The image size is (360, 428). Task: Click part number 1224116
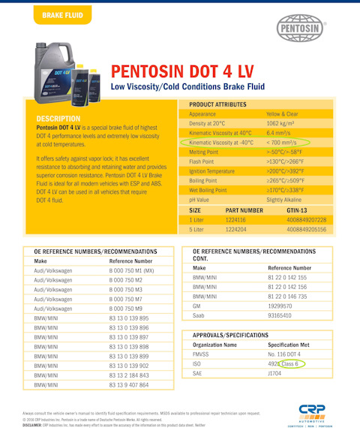pyautogui.click(x=241, y=219)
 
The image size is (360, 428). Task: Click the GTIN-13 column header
pyautogui.click(x=298, y=210)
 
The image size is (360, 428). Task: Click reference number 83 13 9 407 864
pyautogui.click(x=124, y=384)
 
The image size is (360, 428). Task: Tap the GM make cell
pyautogui.click(x=198, y=306)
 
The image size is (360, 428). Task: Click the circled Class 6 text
pyautogui.click(x=291, y=364)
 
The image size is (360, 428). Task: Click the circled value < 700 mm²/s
pyautogui.click(x=282, y=142)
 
